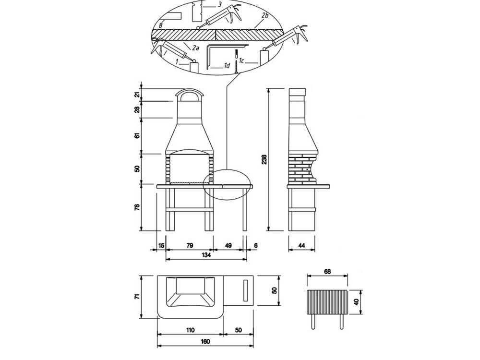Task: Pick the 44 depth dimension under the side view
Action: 302,245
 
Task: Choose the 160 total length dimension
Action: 206,342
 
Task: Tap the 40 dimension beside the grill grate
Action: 356,302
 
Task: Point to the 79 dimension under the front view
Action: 189,245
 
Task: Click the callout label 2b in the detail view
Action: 264,16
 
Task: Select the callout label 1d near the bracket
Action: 227,65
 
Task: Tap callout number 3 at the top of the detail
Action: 219,5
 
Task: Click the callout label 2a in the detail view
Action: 195,48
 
